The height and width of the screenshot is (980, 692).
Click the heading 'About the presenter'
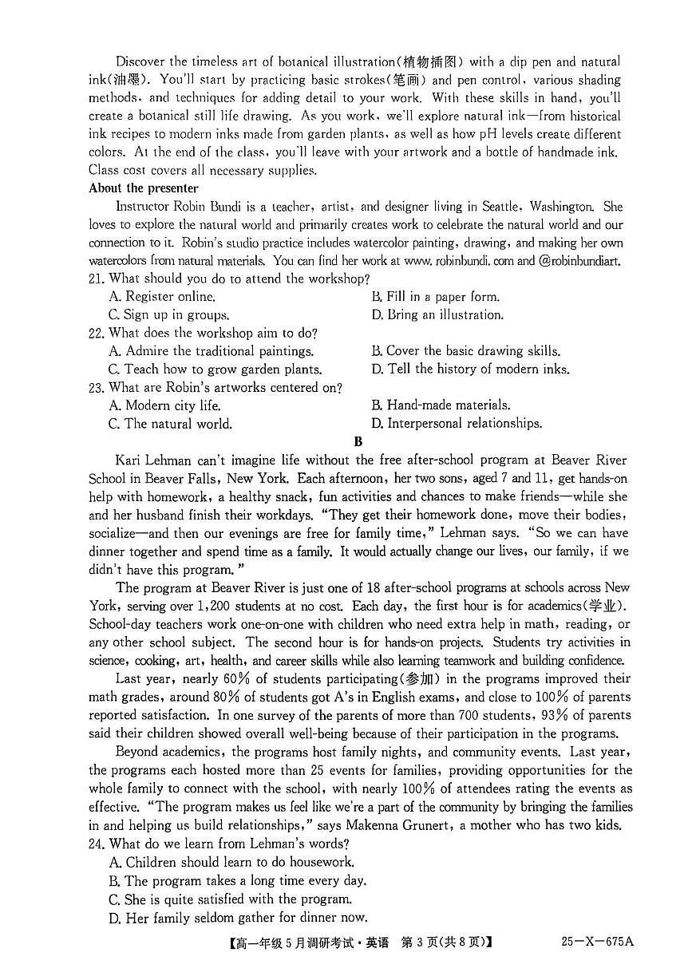tap(144, 188)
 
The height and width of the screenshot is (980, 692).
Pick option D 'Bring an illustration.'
tap(437, 314)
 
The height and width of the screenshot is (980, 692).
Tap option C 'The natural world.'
tap(170, 424)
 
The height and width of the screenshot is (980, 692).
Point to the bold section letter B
tap(358, 441)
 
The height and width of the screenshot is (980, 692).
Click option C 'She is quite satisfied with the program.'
tap(230, 899)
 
